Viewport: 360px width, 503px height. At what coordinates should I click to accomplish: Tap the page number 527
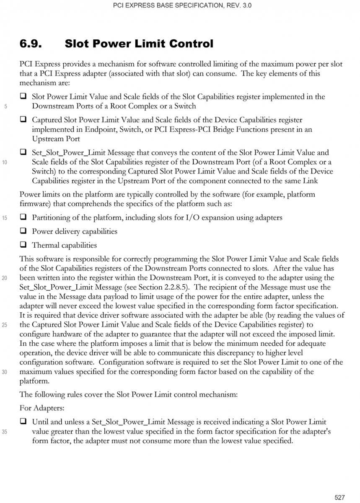(x=339, y=497)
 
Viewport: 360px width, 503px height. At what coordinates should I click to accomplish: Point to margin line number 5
(x=6, y=106)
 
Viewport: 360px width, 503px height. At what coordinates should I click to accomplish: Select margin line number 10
(x=6, y=162)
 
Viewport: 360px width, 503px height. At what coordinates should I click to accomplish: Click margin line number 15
(x=6, y=218)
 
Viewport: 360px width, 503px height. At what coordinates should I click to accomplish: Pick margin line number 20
(x=6, y=277)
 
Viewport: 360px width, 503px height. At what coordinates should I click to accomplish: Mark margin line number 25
(x=6, y=324)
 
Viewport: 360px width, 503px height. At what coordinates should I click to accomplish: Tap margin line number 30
(x=6, y=371)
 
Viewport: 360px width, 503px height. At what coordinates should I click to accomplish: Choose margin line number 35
(x=6, y=432)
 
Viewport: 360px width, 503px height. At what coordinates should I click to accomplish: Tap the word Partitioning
(x=51, y=218)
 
